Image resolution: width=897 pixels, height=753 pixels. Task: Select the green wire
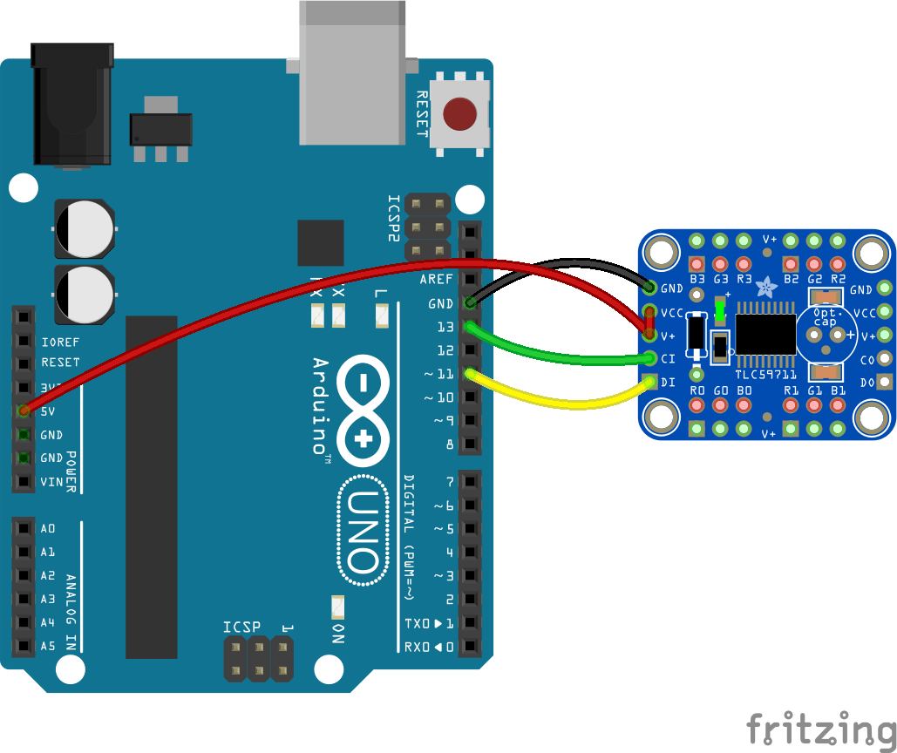(x=558, y=356)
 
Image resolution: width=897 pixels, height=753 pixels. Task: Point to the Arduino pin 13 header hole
(x=470, y=328)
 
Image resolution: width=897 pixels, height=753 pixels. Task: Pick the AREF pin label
(x=436, y=281)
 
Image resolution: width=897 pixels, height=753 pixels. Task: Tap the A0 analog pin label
(x=48, y=528)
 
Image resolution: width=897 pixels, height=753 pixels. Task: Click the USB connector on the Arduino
(x=351, y=74)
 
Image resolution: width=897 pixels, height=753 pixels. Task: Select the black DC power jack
(x=72, y=105)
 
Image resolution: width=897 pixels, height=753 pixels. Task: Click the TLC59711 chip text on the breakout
(x=765, y=374)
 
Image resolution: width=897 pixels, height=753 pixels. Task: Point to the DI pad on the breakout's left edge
(x=650, y=381)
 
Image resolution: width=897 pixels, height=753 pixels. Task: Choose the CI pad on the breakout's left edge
(x=650, y=357)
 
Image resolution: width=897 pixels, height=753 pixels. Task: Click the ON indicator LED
(x=337, y=606)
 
